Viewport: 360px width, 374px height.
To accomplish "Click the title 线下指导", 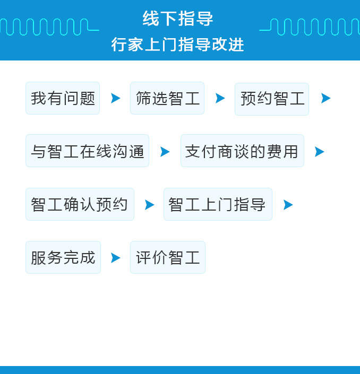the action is [178, 19].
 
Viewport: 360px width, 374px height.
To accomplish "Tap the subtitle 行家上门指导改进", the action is [178, 45].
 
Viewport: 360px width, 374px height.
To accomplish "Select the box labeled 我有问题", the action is [63, 98].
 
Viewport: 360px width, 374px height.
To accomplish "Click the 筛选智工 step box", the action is [167, 98].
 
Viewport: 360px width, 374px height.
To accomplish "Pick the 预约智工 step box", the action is [272, 99].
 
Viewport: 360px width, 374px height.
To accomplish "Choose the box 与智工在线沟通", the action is [88, 151].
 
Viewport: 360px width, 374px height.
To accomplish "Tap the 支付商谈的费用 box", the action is [242, 151].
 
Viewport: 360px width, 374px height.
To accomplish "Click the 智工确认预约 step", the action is [80, 204].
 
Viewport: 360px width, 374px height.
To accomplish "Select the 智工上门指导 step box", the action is [218, 204].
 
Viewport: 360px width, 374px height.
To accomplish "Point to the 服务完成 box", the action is [63, 257].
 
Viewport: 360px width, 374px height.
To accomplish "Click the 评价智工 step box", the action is [168, 257].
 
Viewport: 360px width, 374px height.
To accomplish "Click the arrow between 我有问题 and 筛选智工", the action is [115, 98].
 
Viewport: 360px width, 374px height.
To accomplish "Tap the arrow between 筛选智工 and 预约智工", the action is [220, 98].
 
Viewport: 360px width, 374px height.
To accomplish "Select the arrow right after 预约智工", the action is [325, 98].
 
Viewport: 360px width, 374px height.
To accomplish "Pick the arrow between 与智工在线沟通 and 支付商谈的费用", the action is [165, 152].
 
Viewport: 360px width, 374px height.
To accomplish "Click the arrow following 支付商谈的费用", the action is [319, 152].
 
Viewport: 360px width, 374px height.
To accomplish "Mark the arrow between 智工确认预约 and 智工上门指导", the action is [149, 205].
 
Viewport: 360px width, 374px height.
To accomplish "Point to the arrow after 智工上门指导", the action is [288, 205].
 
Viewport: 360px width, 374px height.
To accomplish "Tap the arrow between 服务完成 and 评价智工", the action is [115, 258].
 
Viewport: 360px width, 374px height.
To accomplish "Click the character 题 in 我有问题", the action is [88, 98].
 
